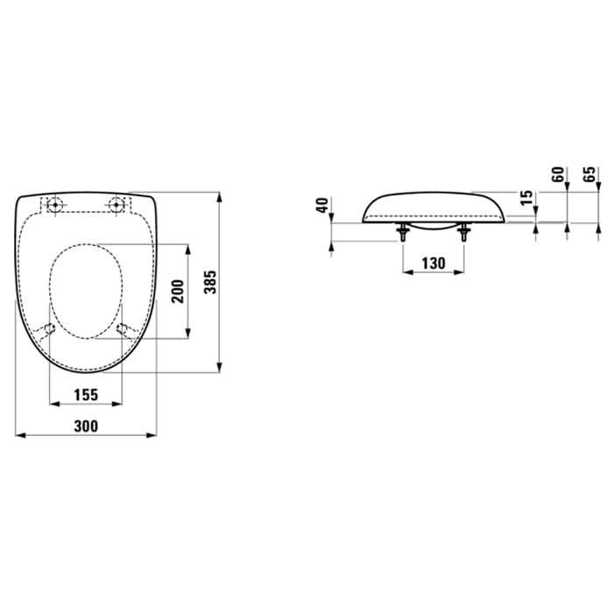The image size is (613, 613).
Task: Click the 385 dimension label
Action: coord(211,282)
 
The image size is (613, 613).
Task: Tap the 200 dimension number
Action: coord(178,292)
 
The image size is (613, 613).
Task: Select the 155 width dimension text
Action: coord(86,395)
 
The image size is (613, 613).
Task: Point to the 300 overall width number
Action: coord(86,426)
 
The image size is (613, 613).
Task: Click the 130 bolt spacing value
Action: coord(433,264)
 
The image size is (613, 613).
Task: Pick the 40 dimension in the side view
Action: coord(322,205)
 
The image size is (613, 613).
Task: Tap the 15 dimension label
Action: coord(527,197)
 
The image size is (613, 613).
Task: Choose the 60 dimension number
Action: coord(559,174)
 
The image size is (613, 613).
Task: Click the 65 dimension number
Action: coord(590,174)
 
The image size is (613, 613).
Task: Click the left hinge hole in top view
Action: coord(54,204)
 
